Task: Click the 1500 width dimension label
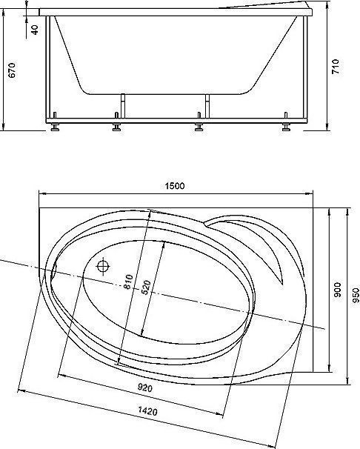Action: click(x=175, y=186)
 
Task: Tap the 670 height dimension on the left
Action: click(x=12, y=70)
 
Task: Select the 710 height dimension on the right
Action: click(x=336, y=67)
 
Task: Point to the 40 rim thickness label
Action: click(x=35, y=30)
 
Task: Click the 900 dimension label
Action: click(x=338, y=290)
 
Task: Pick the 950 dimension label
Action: click(x=356, y=295)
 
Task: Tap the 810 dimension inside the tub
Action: click(x=128, y=282)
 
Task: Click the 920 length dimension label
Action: click(x=145, y=388)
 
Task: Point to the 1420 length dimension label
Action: click(x=147, y=411)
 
